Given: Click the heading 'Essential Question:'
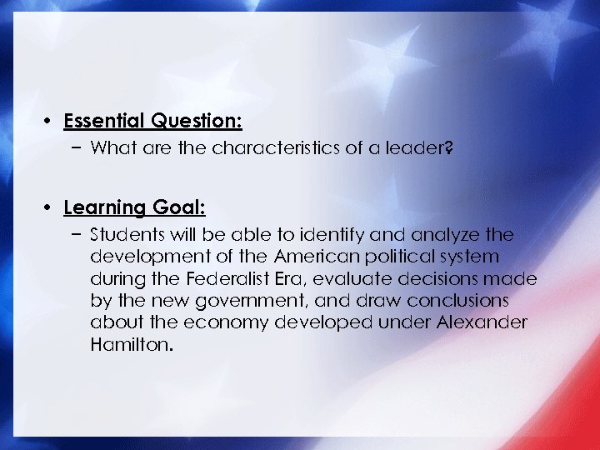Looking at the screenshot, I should (x=152, y=122).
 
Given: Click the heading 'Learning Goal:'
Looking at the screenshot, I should (x=134, y=207).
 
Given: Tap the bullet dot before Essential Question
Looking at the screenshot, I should (x=50, y=122).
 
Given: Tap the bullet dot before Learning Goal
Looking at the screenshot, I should (x=50, y=207).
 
